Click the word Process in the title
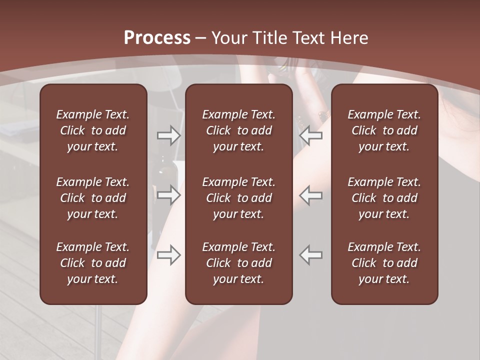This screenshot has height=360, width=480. coord(157,38)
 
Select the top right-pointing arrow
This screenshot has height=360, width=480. coord(168,135)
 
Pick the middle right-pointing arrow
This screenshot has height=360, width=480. coord(168,195)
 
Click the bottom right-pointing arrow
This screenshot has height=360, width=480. coord(168,254)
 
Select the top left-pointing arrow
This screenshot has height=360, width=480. coord(310,135)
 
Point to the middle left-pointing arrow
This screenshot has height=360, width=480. coord(310,195)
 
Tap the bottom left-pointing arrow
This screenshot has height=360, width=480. coord(310,254)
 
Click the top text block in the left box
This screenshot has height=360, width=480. coord(93,130)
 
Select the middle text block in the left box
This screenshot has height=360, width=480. coord(93,198)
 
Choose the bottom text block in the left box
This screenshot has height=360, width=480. coord(93,263)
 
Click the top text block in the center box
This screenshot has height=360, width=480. coord(238,130)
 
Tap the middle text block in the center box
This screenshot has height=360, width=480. coord(238,198)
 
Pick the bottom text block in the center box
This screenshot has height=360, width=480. coord(238,263)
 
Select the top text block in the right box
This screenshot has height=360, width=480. coord(384,130)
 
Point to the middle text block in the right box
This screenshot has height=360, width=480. coord(384,198)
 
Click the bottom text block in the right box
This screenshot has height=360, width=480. coord(384,263)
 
